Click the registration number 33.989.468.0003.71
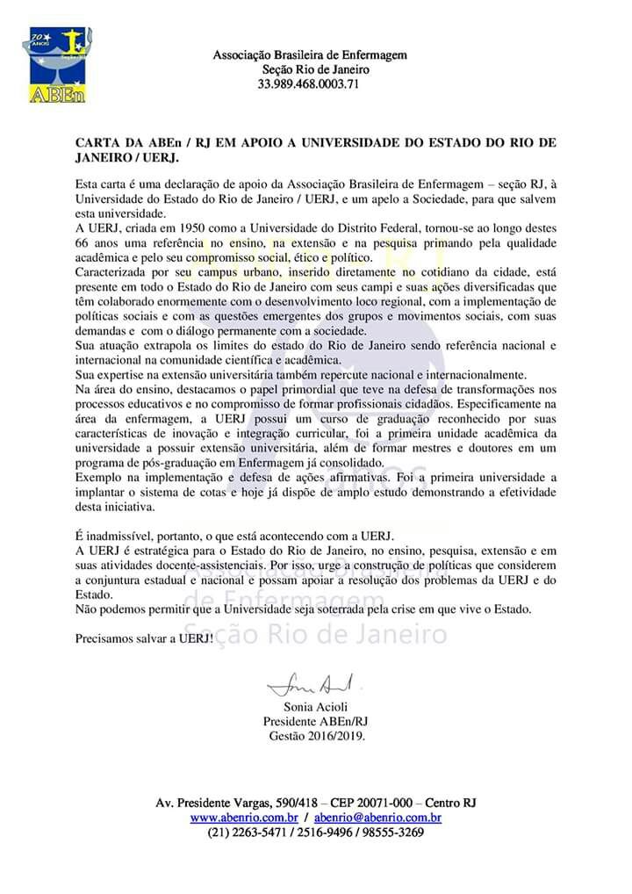point(309,84)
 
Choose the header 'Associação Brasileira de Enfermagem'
point(310,54)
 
